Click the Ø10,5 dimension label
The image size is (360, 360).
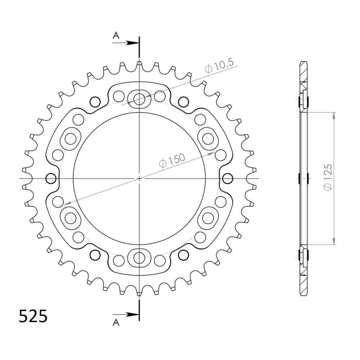(x=219, y=66)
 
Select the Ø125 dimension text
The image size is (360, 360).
(x=328, y=177)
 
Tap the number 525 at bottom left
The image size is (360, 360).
(x=33, y=316)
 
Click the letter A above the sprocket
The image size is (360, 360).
(x=116, y=35)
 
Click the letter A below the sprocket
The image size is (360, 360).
(x=116, y=323)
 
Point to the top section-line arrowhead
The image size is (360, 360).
(x=133, y=43)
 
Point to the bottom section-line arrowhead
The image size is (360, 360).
(x=133, y=315)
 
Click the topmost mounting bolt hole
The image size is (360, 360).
(x=139, y=99)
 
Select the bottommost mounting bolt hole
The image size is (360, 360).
(x=139, y=258)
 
